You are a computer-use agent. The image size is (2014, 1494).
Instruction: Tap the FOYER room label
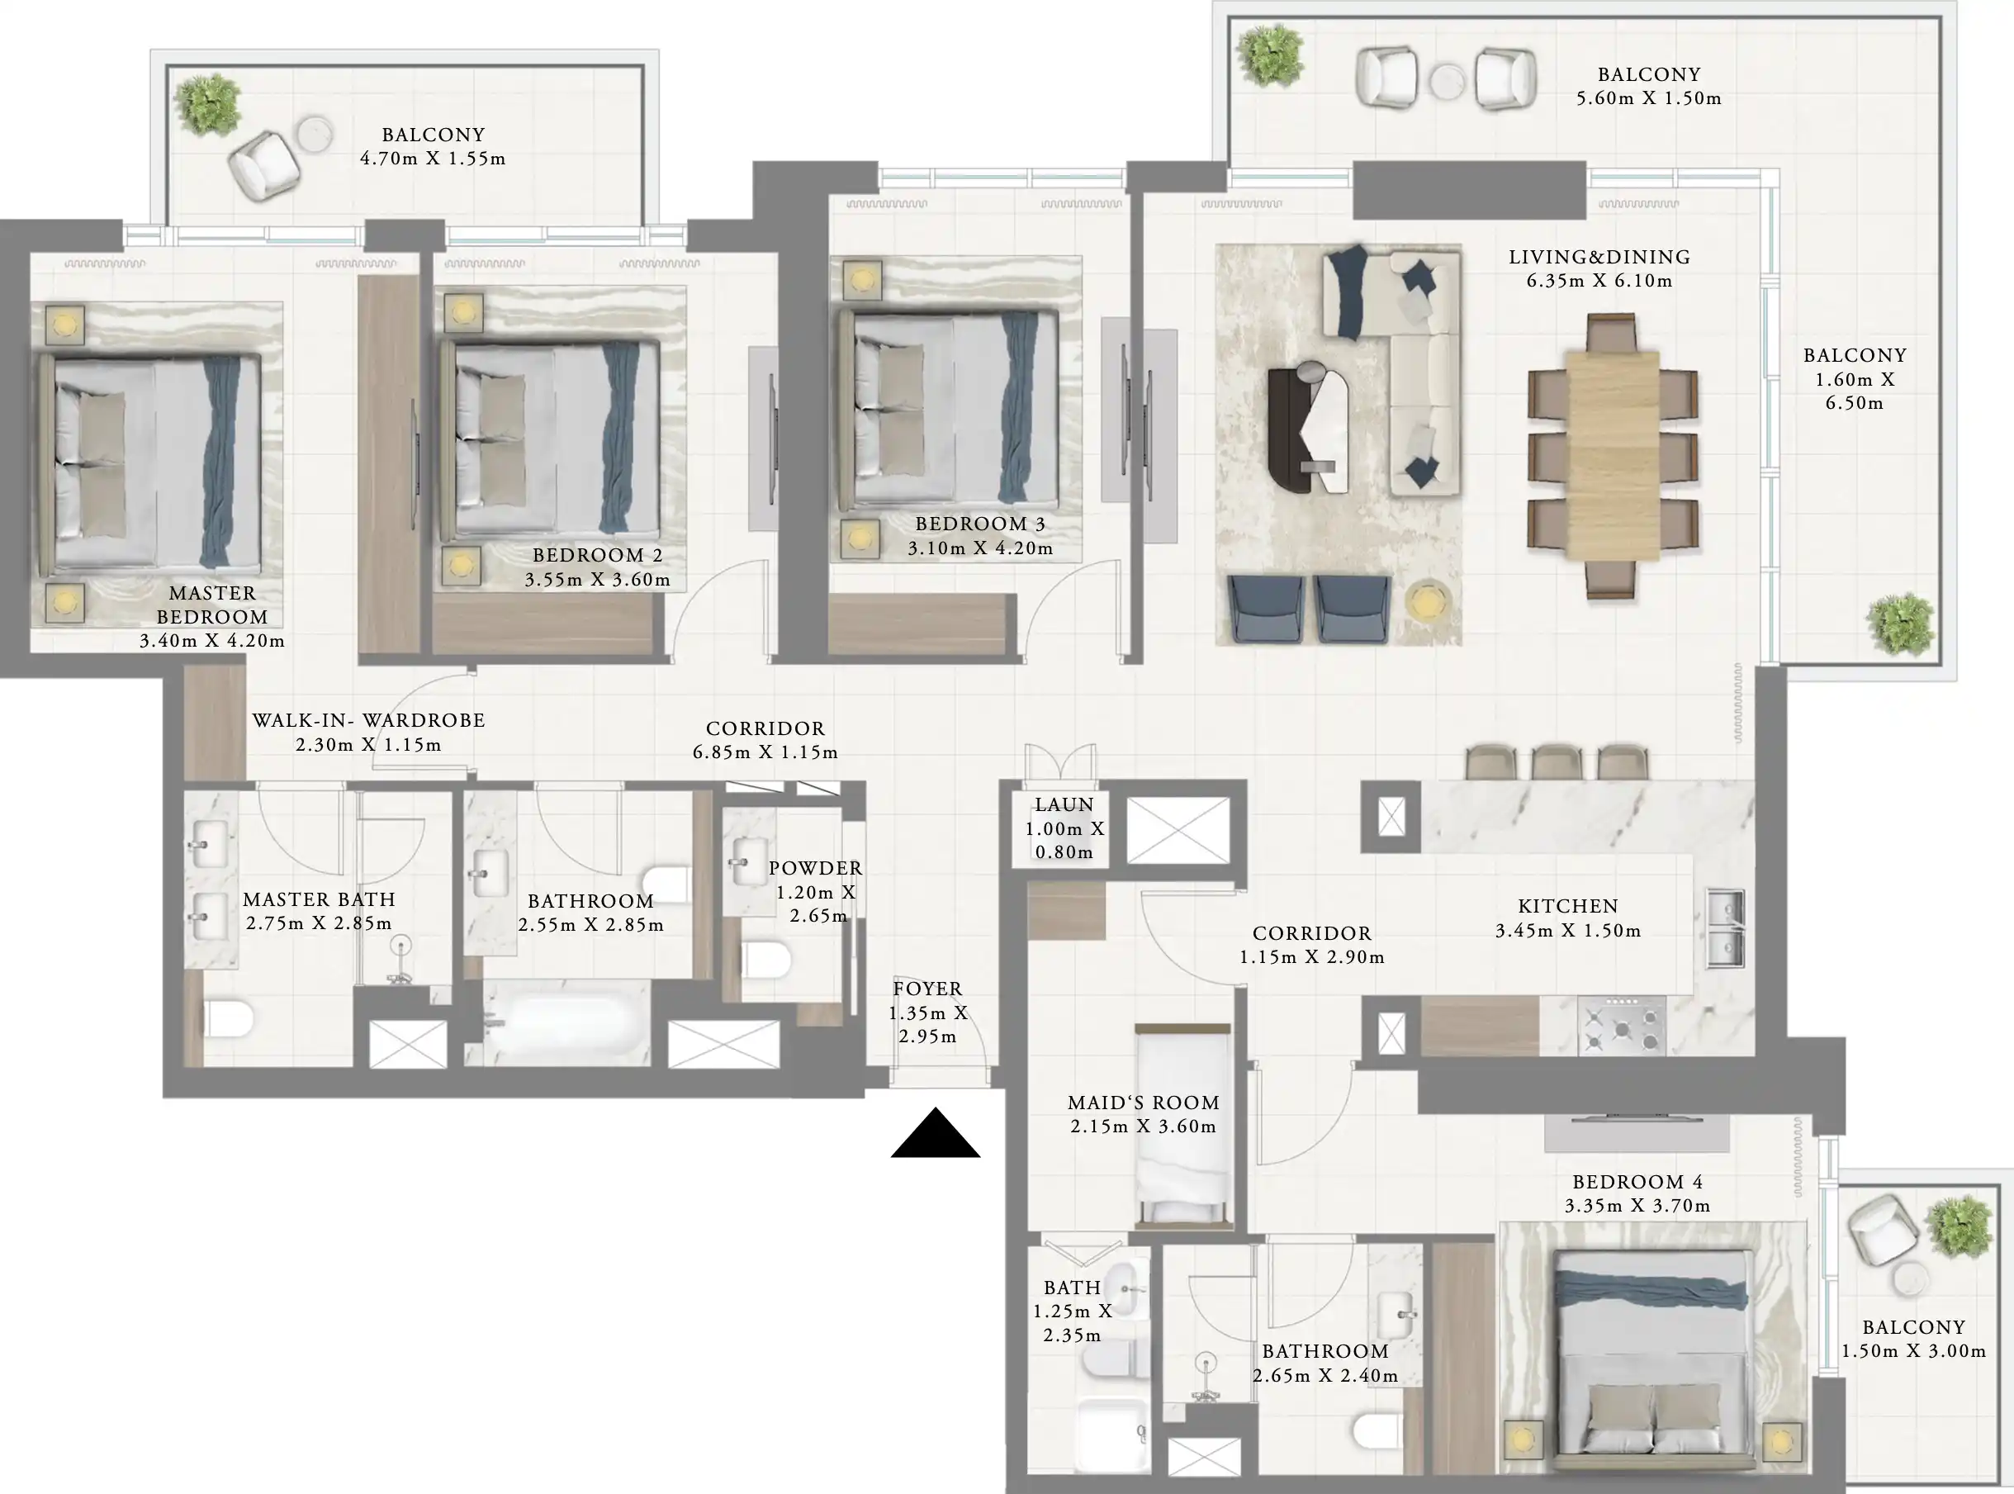coord(928,989)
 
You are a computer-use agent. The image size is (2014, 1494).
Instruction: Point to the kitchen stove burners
coord(1622,1026)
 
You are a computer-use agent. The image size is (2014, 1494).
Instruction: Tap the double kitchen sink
coord(1725,928)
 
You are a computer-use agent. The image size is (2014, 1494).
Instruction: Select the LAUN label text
coord(1064,804)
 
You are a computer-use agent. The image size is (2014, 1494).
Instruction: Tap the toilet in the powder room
coord(767,960)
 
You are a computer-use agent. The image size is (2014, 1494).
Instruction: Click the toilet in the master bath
coord(227,1019)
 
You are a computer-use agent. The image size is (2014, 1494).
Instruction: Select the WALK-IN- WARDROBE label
coord(368,721)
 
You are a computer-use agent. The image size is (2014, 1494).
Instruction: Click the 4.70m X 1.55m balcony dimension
coord(434,159)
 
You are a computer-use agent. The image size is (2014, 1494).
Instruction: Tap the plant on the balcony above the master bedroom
coord(208,105)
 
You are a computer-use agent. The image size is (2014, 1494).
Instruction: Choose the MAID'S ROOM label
coord(1143,1103)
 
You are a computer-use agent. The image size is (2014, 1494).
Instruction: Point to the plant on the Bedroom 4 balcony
coord(1959,1227)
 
